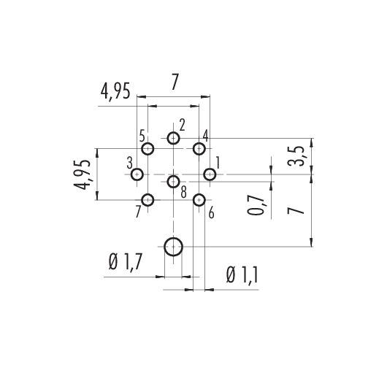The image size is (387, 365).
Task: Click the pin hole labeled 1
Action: coord(210,174)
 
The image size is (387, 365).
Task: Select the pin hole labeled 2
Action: coord(173,138)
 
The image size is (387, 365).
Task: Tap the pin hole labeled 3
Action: coord(137,174)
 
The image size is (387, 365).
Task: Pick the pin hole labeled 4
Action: coord(199,149)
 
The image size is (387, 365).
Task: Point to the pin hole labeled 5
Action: coord(147,149)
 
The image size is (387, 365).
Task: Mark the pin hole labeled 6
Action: coord(199,200)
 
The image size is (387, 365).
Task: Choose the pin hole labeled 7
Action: coord(147,200)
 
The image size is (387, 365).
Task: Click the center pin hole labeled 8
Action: coord(173,182)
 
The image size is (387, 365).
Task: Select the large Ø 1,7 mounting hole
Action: coord(173,247)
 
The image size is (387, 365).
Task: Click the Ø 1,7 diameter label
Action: coord(126,262)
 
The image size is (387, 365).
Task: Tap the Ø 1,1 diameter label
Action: coord(242,275)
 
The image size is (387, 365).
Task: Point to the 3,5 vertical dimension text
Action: coord(296,156)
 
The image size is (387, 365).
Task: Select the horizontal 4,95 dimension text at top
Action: coord(115,91)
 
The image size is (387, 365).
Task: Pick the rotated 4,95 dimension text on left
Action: coord(82,175)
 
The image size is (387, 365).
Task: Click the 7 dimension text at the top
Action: coord(175,82)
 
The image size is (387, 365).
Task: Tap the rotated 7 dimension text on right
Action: coord(296,210)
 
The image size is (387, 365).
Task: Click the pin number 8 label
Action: coord(183,193)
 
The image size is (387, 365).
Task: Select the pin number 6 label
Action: coord(211,213)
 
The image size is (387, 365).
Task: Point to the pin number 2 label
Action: coord(182,125)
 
